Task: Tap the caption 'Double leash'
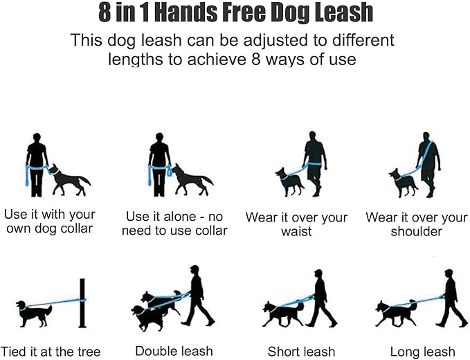(174, 351)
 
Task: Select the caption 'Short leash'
(301, 352)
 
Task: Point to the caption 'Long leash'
(422, 352)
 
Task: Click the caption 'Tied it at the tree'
(51, 352)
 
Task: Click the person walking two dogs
(195, 294)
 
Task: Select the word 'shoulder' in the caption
(416, 232)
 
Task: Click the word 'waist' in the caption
(296, 232)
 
